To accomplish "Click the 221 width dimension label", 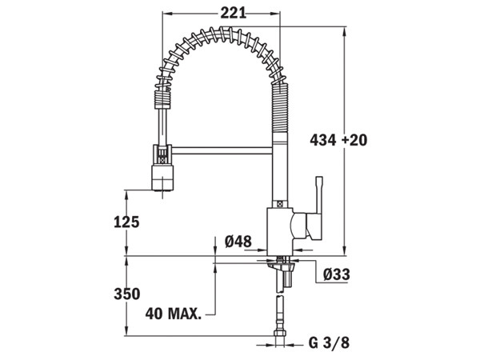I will tap(231, 13).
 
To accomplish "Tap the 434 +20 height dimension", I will tap(338, 140).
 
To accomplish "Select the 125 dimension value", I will tap(127, 222).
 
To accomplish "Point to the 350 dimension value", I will tap(127, 294).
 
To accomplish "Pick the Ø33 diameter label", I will tap(337, 274).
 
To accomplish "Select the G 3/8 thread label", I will tap(329, 343).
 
